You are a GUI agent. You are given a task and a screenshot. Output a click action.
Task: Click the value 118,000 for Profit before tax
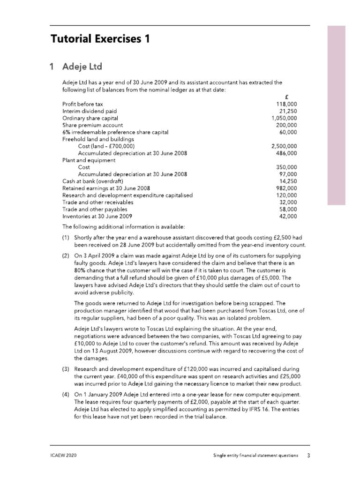[x=286, y=104]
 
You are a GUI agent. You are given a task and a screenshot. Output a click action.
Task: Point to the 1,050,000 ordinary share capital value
[x=284, y=118]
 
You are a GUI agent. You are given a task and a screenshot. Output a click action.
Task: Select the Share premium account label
[x=92, y=125]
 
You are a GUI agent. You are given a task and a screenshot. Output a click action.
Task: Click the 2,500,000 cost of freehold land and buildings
[x=284, y=146]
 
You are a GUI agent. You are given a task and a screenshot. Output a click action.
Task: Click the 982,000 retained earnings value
[x=286, y=188]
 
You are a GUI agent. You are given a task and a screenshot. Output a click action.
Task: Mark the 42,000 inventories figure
[x=288, y=216]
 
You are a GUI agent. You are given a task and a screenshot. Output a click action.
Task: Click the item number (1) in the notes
[x=66, y=238]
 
